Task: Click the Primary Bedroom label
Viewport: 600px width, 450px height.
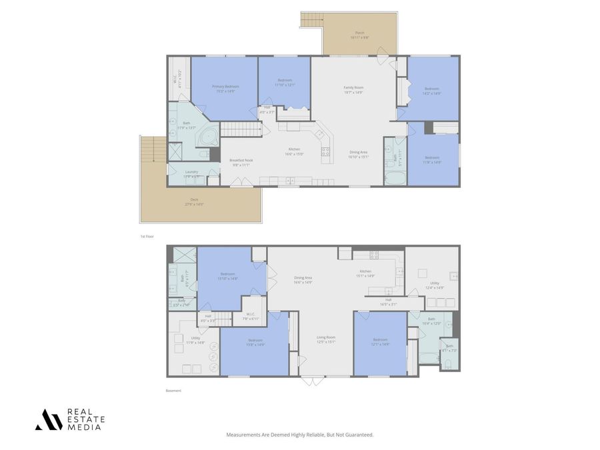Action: click(x=225, y=88)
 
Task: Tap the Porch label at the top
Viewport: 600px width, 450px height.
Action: click(x=359, y=35)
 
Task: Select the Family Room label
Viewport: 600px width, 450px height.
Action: click(x=353, y=89)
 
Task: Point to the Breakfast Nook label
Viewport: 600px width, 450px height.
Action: click(x=240, y=162)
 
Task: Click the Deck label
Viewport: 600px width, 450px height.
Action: click(x=194, y=201)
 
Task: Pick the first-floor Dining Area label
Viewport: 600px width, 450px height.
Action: click(x=358, y=154)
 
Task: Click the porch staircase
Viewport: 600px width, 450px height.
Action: click(x=311, y=20)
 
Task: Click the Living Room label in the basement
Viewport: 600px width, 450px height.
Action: click(x=326, y=339)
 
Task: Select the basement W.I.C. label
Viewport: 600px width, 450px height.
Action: click(x=250, y=316)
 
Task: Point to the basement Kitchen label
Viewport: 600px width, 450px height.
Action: click(x=366, y=273)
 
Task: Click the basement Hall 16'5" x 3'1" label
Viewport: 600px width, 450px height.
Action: click(x=388, y=301)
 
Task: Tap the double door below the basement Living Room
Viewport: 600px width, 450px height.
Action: click(x=311, y=381)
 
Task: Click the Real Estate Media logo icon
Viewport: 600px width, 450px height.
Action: click(x=48, y=419)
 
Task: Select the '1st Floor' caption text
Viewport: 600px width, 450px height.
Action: click(x=146, y=237)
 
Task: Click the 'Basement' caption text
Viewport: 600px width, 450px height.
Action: click(x=173, y=391)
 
